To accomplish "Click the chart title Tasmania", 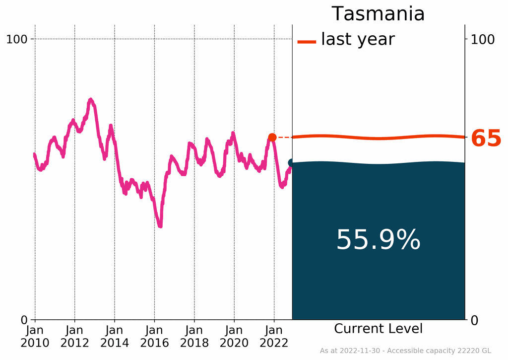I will (x=378, y=14).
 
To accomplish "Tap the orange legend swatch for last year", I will (x=307, y=42).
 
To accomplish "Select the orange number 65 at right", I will (x=486, y=139).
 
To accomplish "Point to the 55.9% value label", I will (x=378, y=240).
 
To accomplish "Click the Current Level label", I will (x=378, y=329).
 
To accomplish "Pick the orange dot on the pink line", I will (x=272, y=138).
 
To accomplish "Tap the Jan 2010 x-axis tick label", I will (x=35, y=336).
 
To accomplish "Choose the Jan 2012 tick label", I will (x=74, y=336).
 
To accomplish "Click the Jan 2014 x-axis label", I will (x=115, y=336).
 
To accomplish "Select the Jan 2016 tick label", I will (x=154, y=336).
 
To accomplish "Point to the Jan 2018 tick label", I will (x=194, y=336).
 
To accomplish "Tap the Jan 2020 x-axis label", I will (x=234, y=336).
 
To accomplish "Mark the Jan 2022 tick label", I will (x=274, y=336).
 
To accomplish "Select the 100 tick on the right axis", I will (x=483, y=39).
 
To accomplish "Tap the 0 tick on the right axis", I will (x=474, y=319).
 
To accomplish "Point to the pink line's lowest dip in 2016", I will (x=160, y=225).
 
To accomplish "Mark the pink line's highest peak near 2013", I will (x=91, y=100).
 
